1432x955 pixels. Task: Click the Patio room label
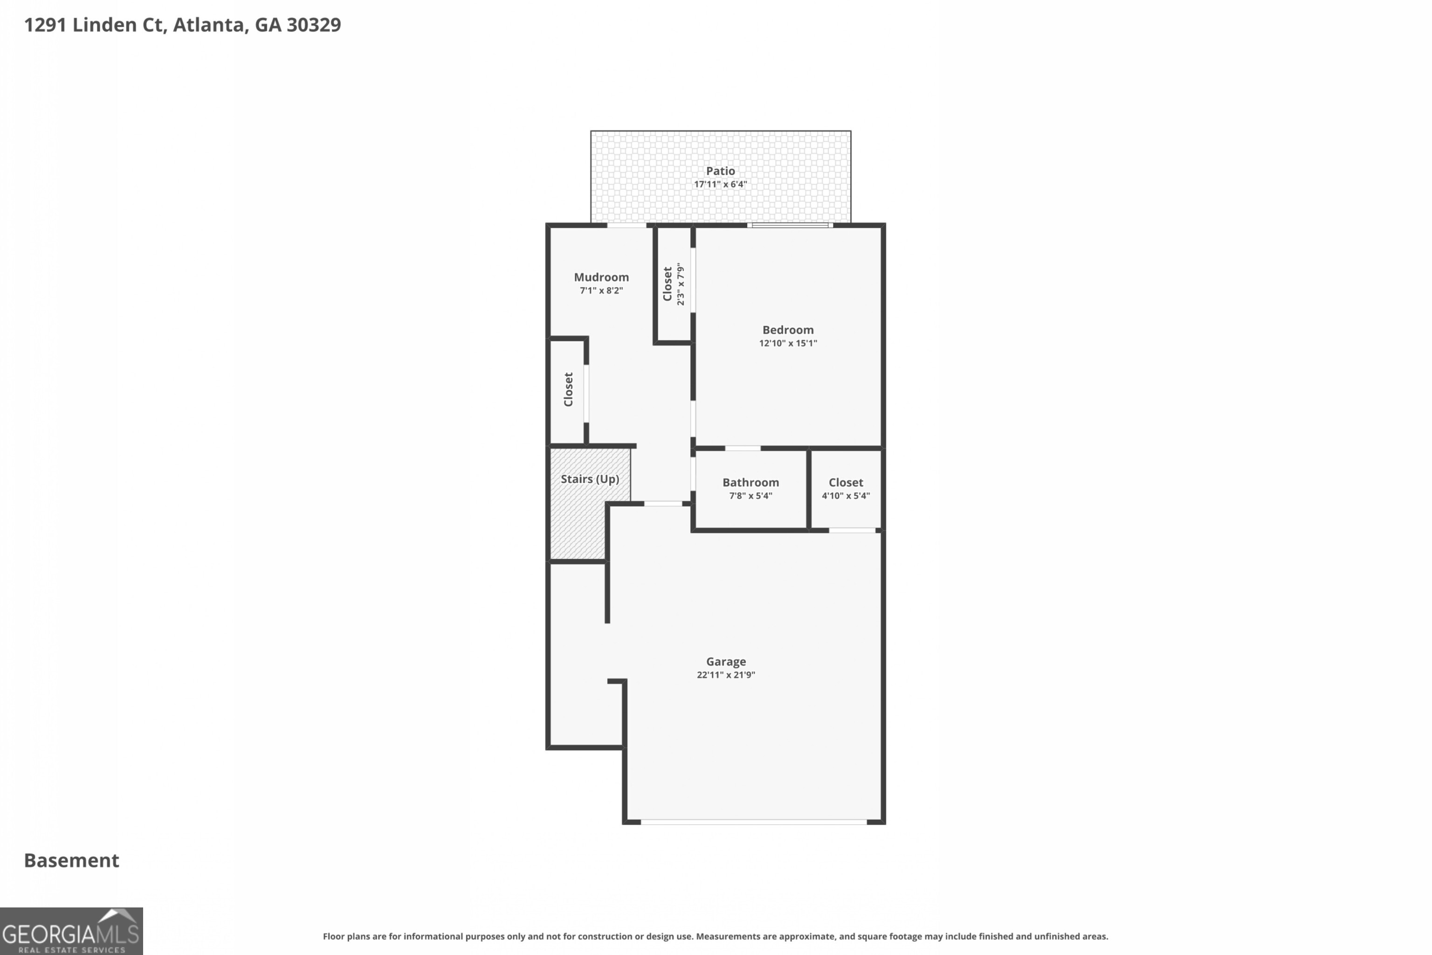point(720,171)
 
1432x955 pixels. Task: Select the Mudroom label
point(601,277)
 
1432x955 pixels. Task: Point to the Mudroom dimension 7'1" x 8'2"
point(601,291)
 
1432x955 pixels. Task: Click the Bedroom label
point(788,330)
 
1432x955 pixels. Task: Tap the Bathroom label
point(750,482)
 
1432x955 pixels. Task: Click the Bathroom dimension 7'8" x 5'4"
point(750,496)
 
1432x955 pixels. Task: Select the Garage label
point(726,661)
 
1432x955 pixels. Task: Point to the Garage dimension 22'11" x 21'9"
point(726,675)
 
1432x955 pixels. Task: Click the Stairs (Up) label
point(589,479)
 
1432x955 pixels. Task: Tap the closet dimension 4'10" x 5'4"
point(846,496)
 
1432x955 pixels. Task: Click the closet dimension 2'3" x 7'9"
point(681,284)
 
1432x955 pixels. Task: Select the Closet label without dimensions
point(568,390)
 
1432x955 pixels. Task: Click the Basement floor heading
point(71,861)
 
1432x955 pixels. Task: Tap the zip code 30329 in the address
point(314,25)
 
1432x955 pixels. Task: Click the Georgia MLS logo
point(71,931)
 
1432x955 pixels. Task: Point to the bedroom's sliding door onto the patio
point(790,225)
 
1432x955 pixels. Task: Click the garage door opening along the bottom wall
point(753,822)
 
